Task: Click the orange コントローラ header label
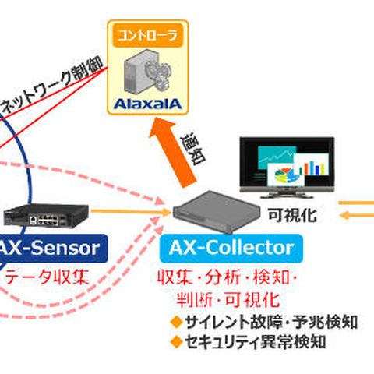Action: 146,34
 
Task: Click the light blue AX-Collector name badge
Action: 231,249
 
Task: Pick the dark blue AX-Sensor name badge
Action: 51,249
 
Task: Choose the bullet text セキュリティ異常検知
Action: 254,341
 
